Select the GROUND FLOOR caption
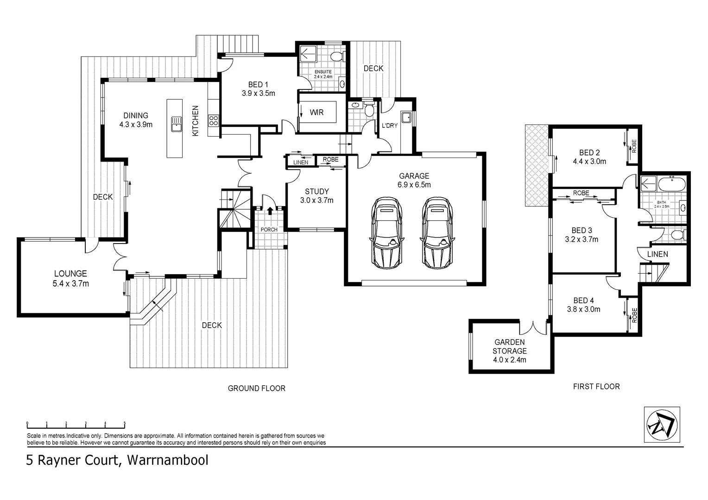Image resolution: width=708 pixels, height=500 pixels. (256, 388)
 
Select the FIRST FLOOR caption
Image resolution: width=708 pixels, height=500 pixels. (596, 387)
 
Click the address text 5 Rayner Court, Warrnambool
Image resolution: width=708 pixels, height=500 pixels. (117, 460)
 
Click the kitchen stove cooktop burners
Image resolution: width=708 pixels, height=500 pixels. (213, 121)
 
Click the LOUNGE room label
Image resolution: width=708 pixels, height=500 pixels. (70, 274)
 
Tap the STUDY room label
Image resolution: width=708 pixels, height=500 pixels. (317, 191)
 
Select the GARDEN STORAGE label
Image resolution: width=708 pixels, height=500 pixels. (510, 346)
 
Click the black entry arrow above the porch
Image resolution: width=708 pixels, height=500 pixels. (270, 210)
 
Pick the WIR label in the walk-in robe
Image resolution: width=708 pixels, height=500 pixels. (316, 112)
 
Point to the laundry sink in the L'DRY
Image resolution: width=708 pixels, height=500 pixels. (406, 117)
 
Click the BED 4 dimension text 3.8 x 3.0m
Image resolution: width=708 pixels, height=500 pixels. (583, 309)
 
